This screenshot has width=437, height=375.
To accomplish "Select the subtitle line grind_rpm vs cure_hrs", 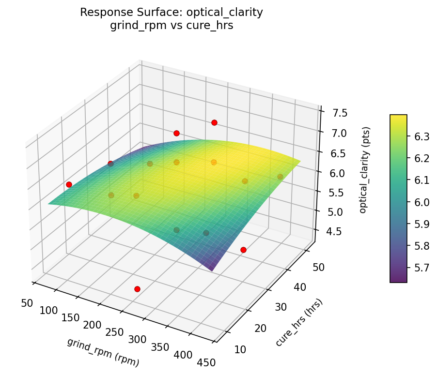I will pos(172,26).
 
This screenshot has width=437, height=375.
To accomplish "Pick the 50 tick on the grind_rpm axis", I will pos(27,303).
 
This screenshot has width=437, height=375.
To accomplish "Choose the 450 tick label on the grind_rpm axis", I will pos(206,361).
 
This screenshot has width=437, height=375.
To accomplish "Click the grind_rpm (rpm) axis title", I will pos(103,352).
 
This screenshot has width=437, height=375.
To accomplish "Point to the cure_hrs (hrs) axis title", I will pos(299,323).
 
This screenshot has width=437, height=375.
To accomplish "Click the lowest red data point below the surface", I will pos(137,289).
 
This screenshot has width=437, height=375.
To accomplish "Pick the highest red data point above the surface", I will pos(214,122).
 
